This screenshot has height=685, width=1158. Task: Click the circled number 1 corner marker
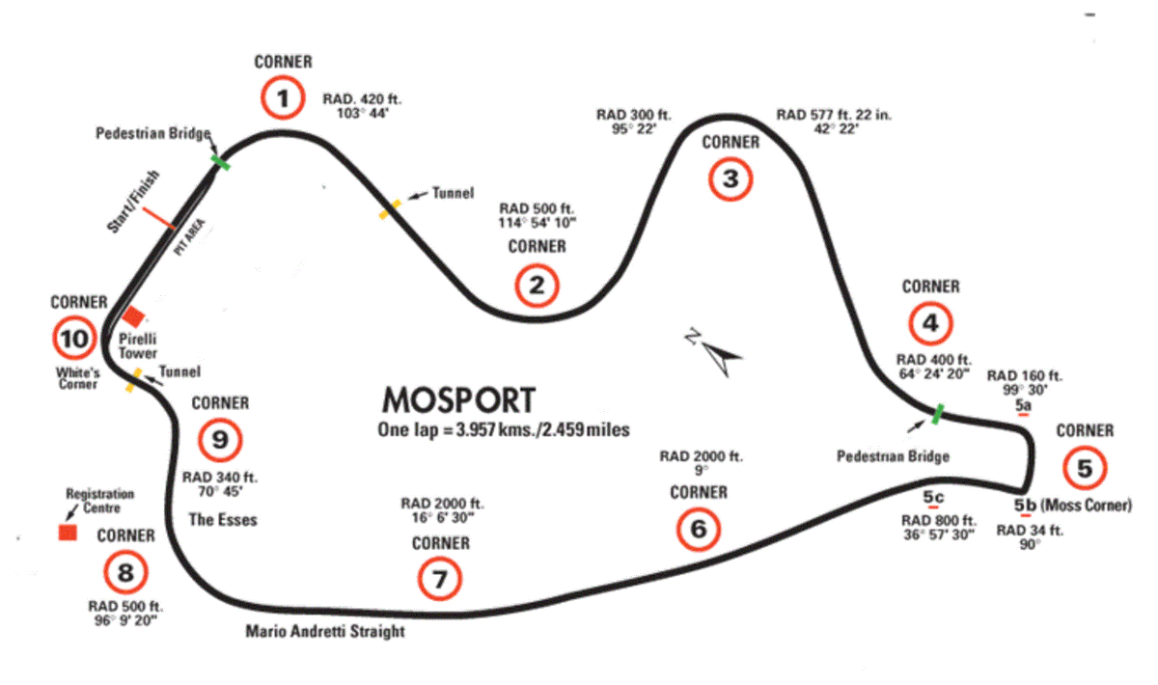coord(283,97)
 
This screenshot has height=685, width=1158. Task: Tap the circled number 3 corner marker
coord(730,178)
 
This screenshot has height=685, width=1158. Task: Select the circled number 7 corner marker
coord(439,579)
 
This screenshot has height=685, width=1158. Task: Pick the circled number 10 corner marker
coord(74,338)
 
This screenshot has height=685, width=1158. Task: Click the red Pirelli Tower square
coord(133,316)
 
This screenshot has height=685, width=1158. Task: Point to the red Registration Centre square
coord(68,533)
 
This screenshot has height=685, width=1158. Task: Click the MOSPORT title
coord(458,400)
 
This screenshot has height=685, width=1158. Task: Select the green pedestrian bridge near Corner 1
coord(221,162)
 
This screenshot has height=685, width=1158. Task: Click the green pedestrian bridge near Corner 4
coord(938,414)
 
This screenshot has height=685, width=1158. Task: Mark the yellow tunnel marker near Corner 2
coord(390,209)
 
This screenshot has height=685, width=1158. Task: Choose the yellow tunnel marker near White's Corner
coord(134,380)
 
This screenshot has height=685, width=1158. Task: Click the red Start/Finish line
coord(158,218)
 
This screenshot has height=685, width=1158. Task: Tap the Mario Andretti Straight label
coord(324,631)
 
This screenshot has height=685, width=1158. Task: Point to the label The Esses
coord(223,520)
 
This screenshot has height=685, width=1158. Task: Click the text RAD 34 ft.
coord(1030,531)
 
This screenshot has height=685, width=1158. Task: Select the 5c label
coord(933,497)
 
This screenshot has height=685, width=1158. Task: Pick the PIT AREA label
coord(190,237)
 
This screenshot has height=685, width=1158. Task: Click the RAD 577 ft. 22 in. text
coord(834,115)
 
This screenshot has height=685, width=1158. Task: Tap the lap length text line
coord(504,429)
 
